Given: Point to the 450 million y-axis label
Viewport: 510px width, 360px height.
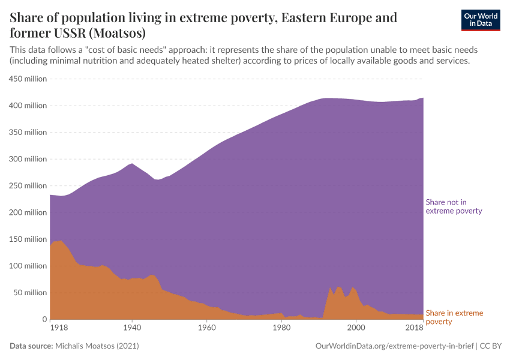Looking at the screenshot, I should [27, 79].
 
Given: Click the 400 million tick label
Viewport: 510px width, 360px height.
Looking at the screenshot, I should [27, 106].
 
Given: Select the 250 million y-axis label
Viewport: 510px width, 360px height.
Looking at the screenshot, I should [27, 186].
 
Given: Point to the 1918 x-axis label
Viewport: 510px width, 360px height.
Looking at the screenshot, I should [58, 328].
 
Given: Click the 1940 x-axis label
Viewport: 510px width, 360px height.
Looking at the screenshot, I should [132, 328].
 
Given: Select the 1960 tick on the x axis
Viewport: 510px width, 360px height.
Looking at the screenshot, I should [206, 328].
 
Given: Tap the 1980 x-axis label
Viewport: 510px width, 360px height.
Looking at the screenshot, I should [281, 328].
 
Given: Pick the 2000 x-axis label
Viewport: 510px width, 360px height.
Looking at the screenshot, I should [356, 328].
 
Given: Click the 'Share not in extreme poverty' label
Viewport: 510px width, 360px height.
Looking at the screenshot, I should [454, 206].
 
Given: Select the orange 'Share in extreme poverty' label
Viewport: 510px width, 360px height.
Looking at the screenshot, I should [454, 317].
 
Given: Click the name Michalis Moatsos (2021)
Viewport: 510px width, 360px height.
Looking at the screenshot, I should [97, 346].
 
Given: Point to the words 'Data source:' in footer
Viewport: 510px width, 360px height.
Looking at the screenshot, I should [31, 346].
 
